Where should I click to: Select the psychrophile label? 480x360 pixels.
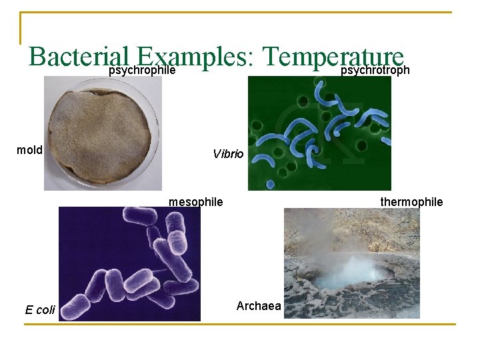142,70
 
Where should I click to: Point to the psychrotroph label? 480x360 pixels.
375,70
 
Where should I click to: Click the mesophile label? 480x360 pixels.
196,201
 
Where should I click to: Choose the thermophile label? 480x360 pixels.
411,201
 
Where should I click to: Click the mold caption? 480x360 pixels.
29,150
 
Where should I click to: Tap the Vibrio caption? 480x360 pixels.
229,154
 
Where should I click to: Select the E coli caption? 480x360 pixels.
40,309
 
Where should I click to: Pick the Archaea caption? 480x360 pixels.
259,306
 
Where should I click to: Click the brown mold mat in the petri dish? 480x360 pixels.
100,133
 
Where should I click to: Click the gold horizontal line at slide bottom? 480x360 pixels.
240,325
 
